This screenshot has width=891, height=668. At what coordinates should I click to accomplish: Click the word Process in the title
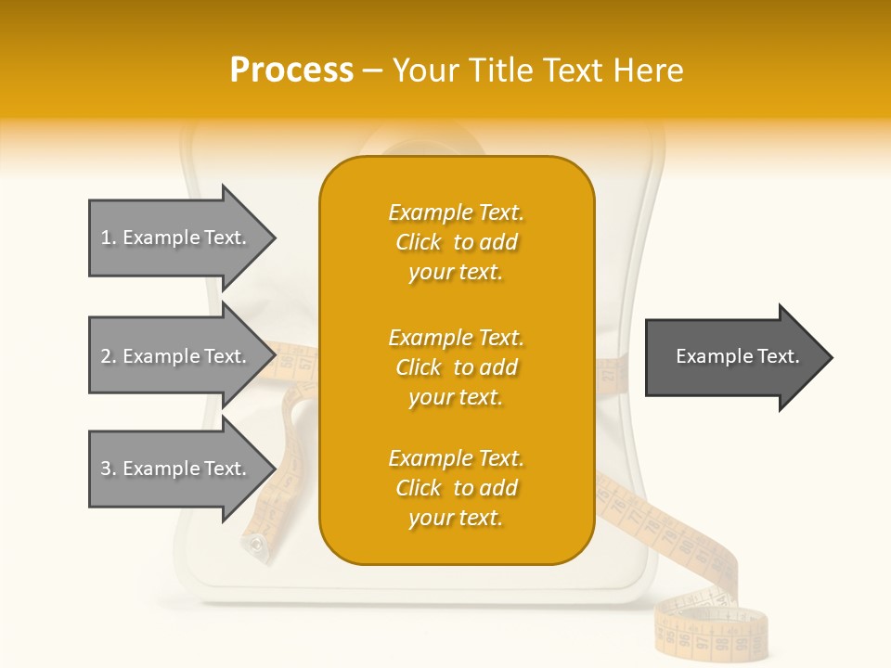291,71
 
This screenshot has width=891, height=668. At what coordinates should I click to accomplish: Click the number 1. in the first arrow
109,238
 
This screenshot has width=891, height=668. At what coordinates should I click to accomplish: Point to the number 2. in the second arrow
109,356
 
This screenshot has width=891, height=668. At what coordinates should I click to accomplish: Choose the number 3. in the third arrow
109,469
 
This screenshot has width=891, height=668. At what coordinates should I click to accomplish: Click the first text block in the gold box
456,242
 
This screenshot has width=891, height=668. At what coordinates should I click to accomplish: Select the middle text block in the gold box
456,367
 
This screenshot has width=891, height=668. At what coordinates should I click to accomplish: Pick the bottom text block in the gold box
456,488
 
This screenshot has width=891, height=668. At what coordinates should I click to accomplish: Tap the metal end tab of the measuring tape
253,546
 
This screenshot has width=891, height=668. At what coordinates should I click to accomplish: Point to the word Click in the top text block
419,242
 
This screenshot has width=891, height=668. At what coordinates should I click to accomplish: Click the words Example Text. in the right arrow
737,356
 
